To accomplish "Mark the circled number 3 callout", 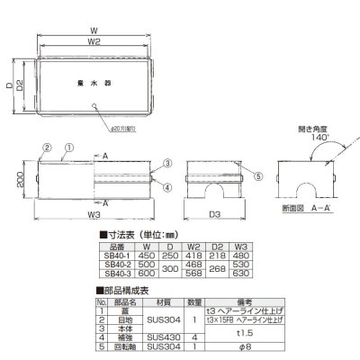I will (166, 163).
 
